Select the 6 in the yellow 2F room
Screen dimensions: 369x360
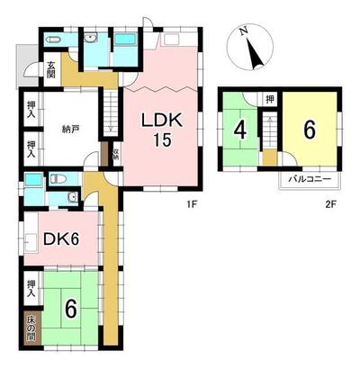pos(308,130)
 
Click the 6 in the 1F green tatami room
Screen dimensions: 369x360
pos(69,309)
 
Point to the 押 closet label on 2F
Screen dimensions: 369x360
pos(269,99)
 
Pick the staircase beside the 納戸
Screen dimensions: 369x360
pos(110,112)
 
